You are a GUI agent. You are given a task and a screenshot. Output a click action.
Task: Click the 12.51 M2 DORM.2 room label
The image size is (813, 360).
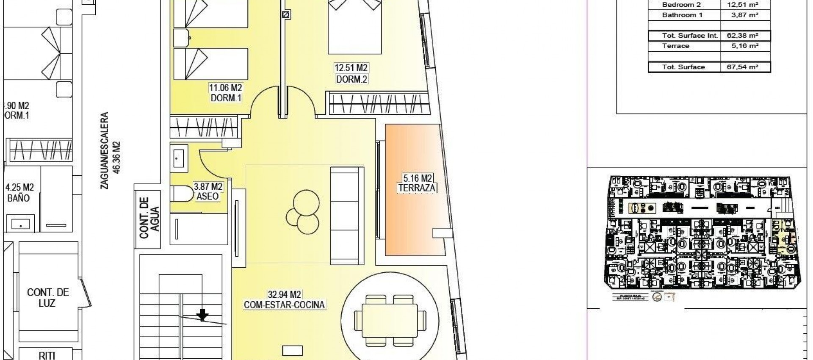351,73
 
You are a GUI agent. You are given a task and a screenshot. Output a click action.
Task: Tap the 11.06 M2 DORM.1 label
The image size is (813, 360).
225,93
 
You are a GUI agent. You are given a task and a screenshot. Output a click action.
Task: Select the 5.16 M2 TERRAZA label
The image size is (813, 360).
417,183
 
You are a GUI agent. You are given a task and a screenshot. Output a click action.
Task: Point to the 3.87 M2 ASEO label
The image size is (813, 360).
208,191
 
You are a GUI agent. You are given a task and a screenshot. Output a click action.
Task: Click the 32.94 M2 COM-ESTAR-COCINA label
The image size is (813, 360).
284,299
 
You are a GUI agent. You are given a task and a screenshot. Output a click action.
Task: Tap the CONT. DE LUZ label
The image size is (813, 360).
48,298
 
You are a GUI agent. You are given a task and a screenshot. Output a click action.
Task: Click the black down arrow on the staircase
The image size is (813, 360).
203,315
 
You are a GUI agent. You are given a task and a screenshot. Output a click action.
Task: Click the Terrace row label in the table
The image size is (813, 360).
675,46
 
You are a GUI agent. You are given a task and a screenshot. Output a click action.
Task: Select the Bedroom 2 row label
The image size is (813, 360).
681,5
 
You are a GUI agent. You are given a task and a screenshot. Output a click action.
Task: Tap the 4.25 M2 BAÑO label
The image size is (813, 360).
19,192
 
